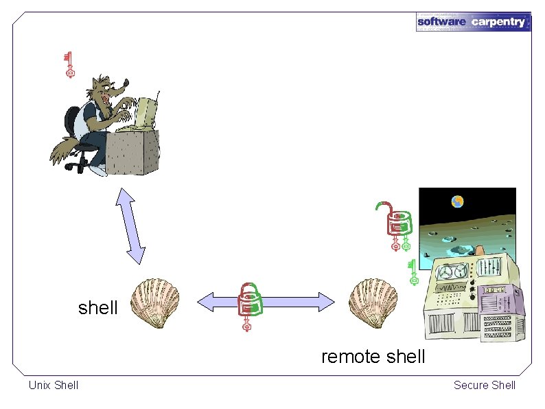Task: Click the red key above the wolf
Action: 69,64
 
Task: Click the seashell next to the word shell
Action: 155,302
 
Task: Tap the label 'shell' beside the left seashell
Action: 98,308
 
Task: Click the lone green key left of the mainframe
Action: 413,272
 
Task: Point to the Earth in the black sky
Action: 457,201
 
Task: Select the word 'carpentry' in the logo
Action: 498,21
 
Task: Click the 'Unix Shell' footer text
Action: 54,385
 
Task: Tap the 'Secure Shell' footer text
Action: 484,385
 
